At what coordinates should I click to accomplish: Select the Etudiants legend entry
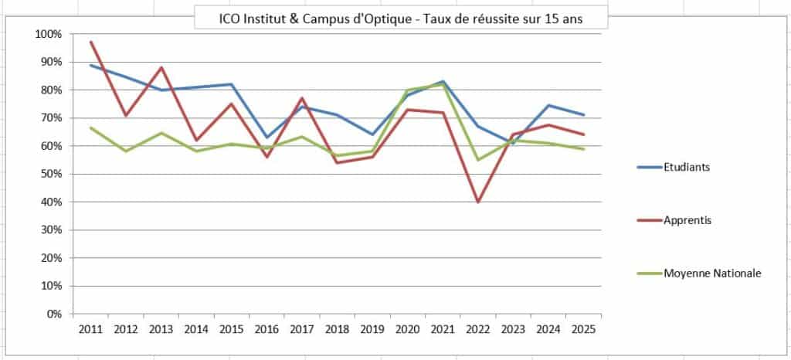tap(677, 166)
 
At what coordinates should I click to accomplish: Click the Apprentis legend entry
tap(677, 220)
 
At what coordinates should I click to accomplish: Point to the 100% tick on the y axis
tap(49, 34)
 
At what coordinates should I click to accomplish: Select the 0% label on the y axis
tap(55, 314)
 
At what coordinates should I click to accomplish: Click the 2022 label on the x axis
tap(477, 329)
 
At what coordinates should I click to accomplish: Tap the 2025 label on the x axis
tap(583, 329)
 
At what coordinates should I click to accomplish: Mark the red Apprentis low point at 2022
tap(477, 202)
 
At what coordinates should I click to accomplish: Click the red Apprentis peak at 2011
tap(90, 42)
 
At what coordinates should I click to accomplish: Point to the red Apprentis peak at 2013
tap(161, 67)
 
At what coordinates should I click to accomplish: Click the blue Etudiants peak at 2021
tap(443, 81)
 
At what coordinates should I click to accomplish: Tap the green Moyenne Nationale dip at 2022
tap(477, 160)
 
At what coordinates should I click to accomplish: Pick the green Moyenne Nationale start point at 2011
tap(90, 127)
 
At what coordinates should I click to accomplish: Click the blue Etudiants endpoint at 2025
tap(583, 115)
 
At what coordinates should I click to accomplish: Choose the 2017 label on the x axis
tap(301, 329)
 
